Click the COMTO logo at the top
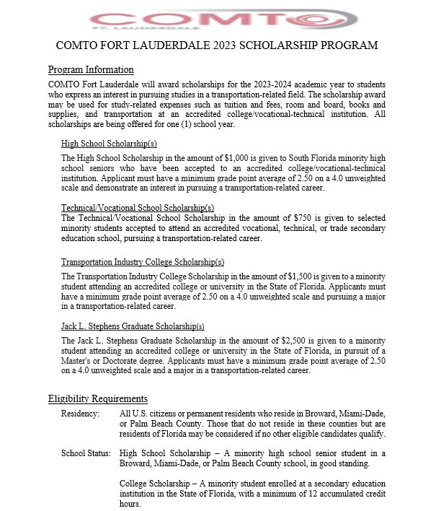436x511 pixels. (x=217, y=18)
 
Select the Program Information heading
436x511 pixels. (x=91, y=70)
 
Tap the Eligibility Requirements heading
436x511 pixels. (x=98, y=398)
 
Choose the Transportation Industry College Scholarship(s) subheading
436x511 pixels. (x=143, y=262)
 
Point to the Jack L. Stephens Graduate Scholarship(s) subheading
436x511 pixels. (x=133, y=326)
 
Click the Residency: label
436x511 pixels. (x=80, y=413)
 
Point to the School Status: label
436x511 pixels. (x=86, y=453)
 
